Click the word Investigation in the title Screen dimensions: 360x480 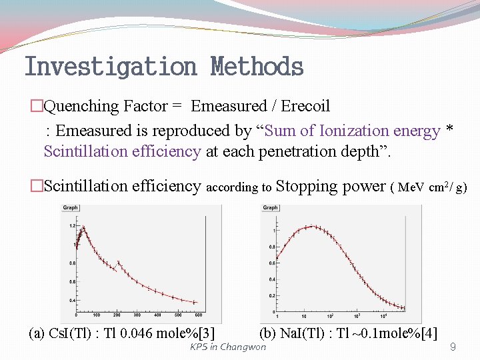click(110, 67)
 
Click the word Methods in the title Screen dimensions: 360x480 click(257, 67)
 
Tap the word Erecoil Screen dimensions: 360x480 click(305, 106)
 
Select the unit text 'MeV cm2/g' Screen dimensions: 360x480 click(432, 187)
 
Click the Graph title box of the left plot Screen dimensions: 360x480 click(71, 208)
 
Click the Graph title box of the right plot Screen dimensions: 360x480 click(271, 208)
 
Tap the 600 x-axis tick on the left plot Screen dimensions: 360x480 click(198, 315)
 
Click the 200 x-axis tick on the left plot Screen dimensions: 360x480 click(117, 315)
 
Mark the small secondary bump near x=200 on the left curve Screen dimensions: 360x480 click(119, 263)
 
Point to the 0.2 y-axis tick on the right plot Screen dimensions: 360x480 click(271, 295)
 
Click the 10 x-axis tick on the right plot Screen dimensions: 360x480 click(303, 316)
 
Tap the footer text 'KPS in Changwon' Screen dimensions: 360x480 click(227, 347)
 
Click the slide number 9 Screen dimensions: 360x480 click(453, 347)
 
